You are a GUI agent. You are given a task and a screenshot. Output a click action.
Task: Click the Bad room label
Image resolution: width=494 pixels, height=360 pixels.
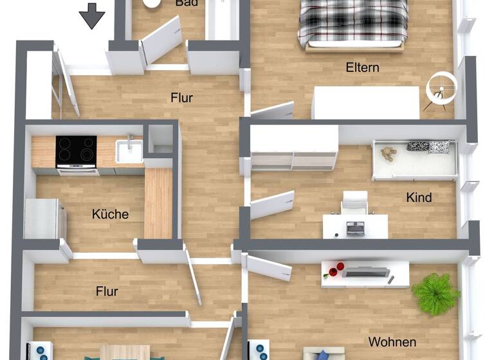(187, 3)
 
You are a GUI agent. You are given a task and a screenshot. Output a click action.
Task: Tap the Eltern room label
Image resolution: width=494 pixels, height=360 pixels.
(362, 67)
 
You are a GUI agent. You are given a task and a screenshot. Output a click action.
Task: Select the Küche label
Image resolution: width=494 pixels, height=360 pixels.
(110, 214)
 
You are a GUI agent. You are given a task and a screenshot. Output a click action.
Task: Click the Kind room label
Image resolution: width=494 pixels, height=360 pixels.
(419, 197)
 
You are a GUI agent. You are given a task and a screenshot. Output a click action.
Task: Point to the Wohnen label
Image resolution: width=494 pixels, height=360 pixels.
(392, 341)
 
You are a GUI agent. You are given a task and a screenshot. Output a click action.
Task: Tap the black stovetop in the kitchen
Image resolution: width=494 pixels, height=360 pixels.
(76, 151)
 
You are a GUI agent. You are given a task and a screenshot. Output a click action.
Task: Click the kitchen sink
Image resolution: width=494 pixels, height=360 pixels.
(129, 152)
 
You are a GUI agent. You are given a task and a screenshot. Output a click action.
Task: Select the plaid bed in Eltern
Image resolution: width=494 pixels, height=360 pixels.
(352, 22)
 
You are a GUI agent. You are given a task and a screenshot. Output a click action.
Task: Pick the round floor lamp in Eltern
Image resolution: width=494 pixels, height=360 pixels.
(441, 87)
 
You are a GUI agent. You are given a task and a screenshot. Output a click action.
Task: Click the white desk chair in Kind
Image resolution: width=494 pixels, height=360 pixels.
(354, 203)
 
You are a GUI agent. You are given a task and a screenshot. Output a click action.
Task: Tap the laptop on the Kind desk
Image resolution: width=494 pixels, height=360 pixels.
(354, 226)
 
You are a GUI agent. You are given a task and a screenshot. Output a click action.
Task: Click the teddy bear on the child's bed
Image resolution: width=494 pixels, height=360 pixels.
(389, 154)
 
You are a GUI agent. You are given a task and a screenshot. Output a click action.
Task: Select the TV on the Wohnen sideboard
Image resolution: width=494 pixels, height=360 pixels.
(364, 272)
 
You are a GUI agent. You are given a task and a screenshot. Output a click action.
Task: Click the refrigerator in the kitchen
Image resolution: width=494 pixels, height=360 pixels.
(45, 219)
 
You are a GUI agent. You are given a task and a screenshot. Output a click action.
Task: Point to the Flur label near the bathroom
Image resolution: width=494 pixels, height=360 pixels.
(182, 98)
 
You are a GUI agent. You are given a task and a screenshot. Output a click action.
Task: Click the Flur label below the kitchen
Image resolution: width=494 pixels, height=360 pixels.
(107, 291)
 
